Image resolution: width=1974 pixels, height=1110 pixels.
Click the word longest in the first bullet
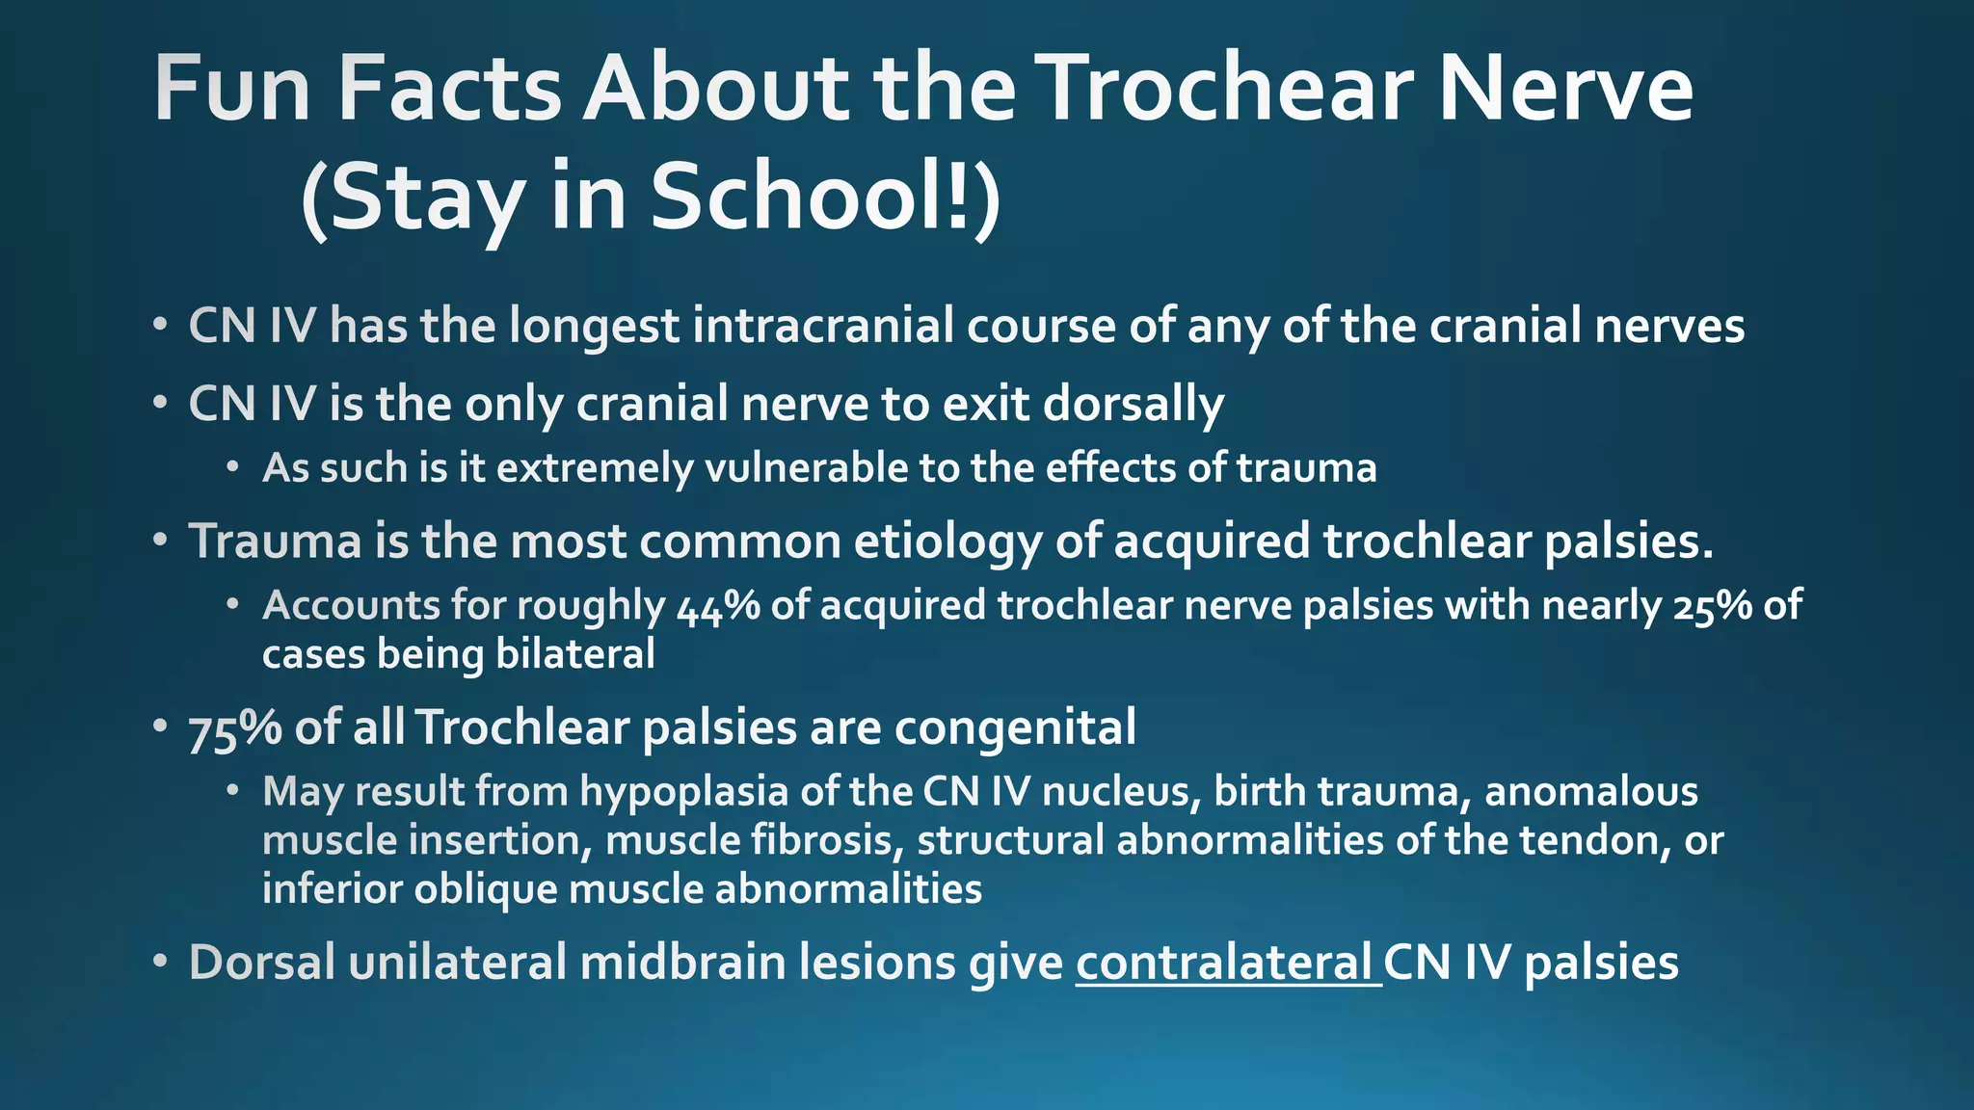tap(594, 326)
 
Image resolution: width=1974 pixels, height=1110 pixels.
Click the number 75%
tap(234, 728)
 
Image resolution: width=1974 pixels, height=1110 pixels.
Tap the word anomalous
tap(1590, 792)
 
